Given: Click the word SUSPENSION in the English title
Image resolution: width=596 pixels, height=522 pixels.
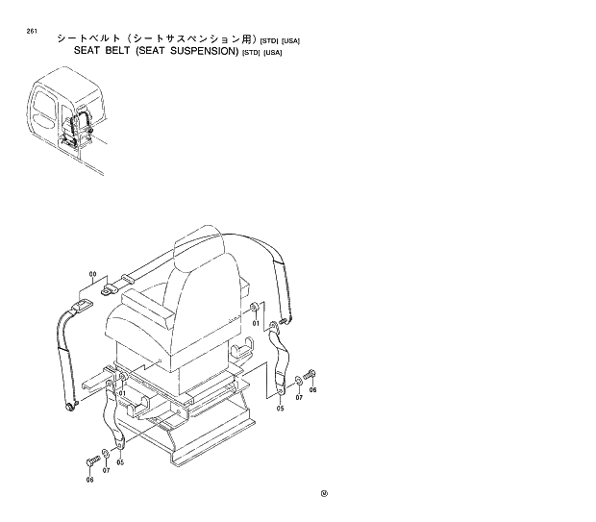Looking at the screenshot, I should (x=199, y=51).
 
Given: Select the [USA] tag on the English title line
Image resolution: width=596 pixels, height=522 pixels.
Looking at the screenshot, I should (x=274, y=52).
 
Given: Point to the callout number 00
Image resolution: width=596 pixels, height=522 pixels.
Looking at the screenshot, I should (x=93, y=275).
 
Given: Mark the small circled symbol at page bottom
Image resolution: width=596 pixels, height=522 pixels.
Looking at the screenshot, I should (x=325, y=496).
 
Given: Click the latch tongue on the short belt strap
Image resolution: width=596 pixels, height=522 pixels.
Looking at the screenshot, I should (x=109, y=284).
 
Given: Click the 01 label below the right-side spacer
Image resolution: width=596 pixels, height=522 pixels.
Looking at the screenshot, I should (x=257, y=323).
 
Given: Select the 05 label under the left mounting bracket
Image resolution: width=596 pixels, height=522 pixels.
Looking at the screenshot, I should (x=120, y=461).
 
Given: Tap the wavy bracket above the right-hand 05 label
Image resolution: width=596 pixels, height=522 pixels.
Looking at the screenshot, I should (x=280, y=360).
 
